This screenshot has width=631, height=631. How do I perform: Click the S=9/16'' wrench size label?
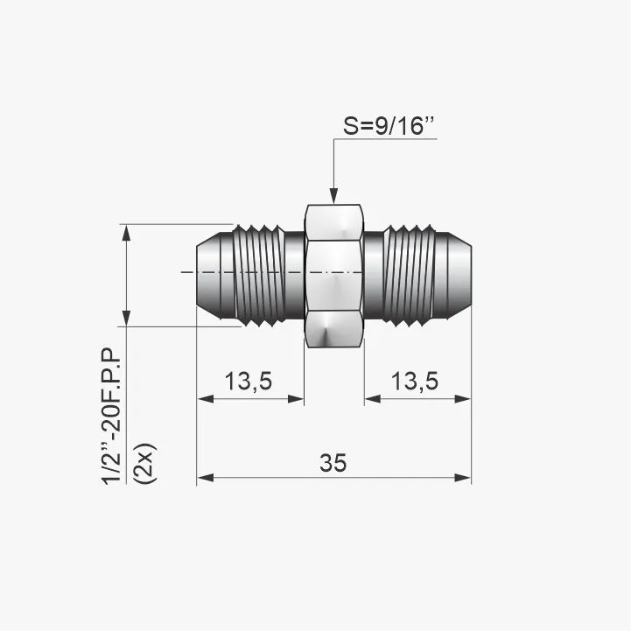(389, 125)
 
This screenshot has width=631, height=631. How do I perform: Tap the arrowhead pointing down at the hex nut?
(333, 195)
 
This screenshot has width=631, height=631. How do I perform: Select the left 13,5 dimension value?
(249, 381)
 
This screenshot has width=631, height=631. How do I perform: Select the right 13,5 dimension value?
(415, 381)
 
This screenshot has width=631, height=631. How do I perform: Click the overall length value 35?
(333, 463)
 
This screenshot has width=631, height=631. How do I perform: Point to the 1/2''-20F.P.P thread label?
(111, 416)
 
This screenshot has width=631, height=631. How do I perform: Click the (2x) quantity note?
(145, 464)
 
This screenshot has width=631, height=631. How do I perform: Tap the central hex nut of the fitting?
(333, 276)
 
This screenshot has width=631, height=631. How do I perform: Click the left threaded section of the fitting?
(259, 276)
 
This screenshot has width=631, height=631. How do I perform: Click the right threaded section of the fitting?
(410, 276)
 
